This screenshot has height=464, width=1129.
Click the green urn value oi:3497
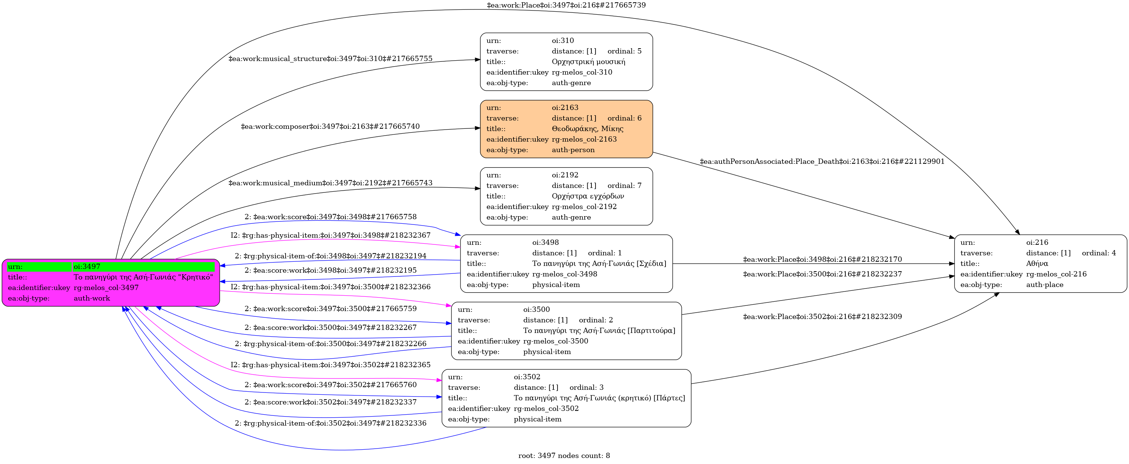[x=87, y=267]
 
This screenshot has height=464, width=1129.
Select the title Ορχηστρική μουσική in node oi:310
[x=588, y=62]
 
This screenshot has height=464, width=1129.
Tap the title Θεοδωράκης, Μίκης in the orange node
[x=587, y=129]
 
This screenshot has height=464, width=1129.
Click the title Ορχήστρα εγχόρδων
[x=588, y=197]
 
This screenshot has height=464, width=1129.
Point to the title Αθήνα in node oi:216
[x=1037, y=264]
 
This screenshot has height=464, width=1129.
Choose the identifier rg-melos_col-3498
[x=564, y=274]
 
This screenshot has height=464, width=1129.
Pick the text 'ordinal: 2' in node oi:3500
[x=596, y=320]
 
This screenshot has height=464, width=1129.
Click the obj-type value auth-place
[x=1044, y=285]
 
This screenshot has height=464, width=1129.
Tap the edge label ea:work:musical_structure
[x=330, y=59]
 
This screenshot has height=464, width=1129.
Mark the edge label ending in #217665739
[x=566, y=5]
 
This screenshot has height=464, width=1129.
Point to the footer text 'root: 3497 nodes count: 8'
[x=564, y=456]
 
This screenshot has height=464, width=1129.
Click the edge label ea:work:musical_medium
[x=330, y=183]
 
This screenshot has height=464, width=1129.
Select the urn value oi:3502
[x=527, y=377]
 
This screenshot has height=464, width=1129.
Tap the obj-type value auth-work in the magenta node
[x=91, y=298]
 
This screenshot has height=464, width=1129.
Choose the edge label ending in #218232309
[x=822, y=317]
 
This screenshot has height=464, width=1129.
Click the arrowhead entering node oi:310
[x=478, y=60]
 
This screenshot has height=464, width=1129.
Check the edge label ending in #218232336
[x=330, y=424]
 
